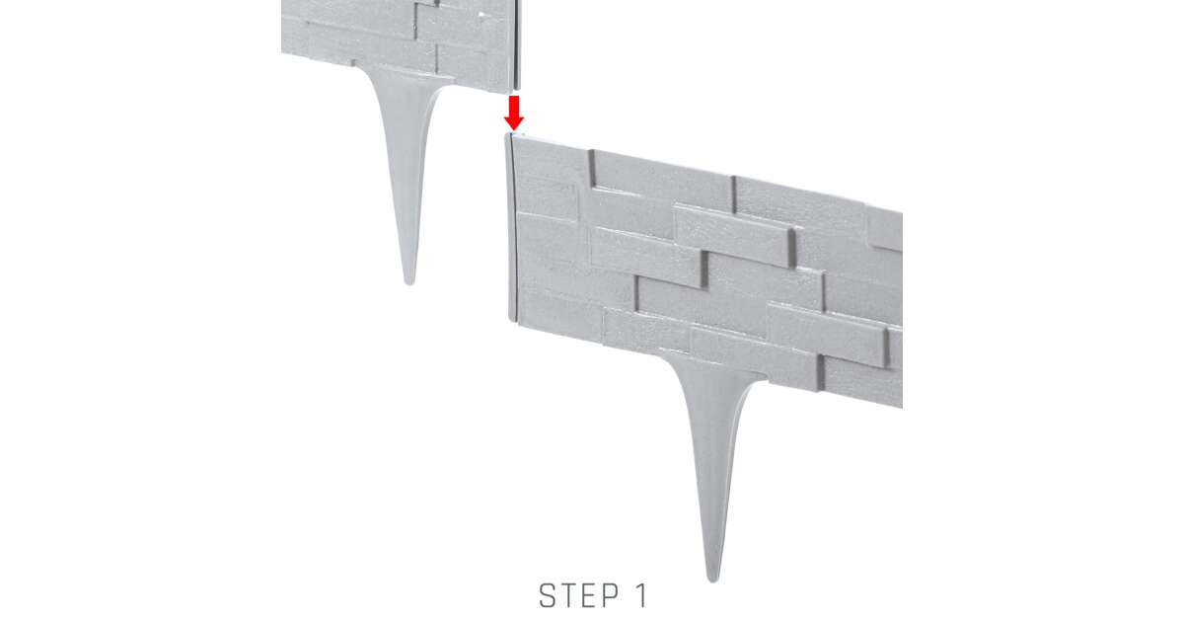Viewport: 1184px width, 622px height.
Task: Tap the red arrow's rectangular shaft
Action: (514, 106)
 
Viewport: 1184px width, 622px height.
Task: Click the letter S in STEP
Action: (547, 595)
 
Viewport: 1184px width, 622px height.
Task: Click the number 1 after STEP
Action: (641, 595)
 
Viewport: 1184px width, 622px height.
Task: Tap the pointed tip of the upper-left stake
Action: (409, 284)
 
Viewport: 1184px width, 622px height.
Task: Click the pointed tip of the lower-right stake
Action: (713, 581)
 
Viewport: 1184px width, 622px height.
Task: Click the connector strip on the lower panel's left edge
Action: (510, 227)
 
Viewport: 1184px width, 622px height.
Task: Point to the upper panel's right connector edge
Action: (517, 44)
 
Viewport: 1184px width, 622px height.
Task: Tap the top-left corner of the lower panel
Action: (508, 134)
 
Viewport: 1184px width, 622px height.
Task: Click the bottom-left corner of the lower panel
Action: (509, 321)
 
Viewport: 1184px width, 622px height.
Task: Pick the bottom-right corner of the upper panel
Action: (520, 88)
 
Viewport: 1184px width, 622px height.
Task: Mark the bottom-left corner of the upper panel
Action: (282, 52)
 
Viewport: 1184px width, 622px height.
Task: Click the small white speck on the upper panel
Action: (482, 15)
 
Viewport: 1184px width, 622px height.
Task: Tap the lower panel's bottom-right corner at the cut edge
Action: (902, 407)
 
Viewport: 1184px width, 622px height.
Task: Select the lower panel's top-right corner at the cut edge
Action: (902, 212)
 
